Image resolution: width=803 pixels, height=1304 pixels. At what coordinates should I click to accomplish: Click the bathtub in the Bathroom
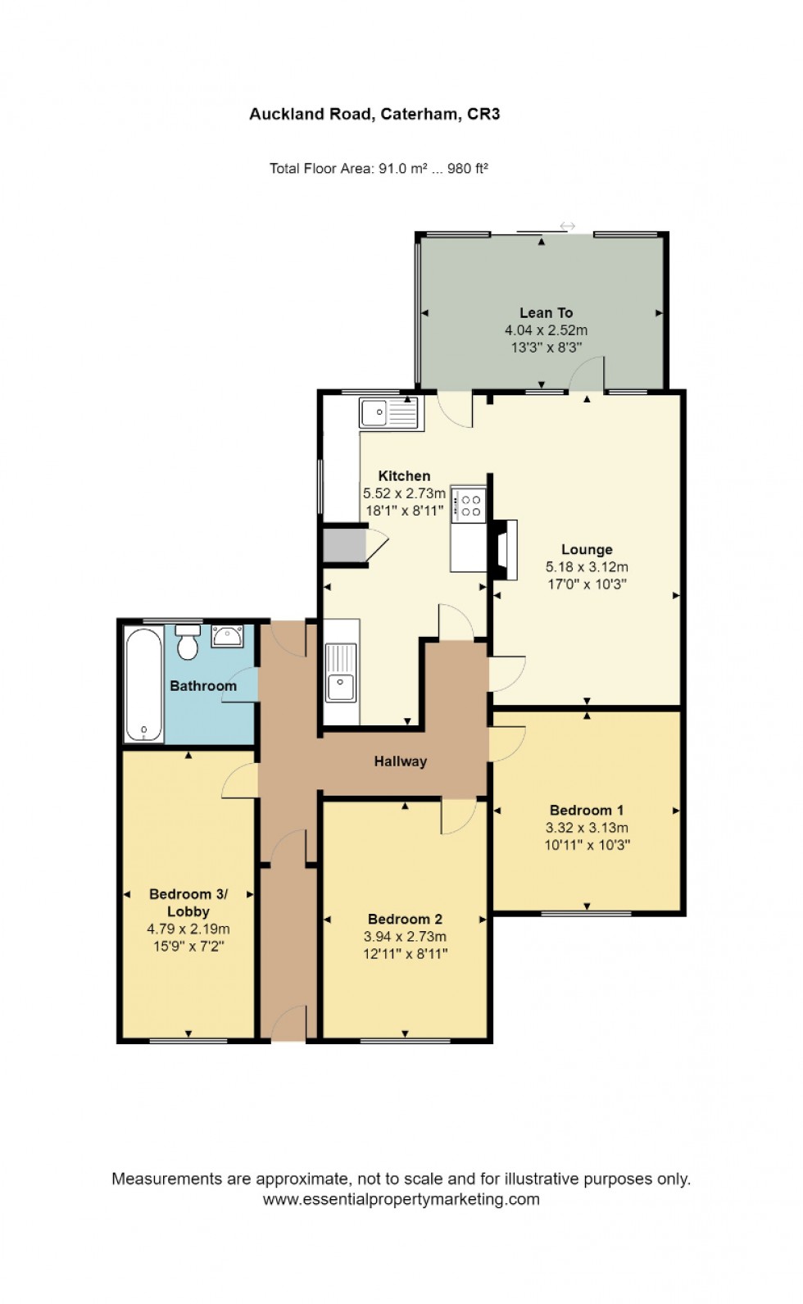143,684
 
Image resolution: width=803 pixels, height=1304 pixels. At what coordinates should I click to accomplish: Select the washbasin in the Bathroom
227,636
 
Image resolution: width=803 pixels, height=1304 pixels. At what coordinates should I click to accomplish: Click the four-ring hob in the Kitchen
470,504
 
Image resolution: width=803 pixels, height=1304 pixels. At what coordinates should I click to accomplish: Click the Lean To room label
546,312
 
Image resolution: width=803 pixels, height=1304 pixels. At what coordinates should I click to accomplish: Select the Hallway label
401,761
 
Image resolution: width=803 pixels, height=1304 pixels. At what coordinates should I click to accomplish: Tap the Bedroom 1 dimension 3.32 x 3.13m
587,828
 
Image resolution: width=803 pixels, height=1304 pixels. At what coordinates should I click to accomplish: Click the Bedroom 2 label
405,919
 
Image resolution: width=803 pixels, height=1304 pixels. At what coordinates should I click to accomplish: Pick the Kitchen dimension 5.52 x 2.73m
404,493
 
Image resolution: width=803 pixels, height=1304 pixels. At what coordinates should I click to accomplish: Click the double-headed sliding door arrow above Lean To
567,226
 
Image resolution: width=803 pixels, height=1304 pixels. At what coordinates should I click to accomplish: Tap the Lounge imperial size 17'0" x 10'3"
587,584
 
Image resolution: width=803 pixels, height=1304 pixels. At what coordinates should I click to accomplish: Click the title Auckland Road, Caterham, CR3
374,114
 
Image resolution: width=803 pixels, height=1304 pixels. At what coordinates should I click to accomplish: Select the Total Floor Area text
379,169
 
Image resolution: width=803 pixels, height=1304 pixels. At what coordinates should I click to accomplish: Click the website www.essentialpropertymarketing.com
401,1199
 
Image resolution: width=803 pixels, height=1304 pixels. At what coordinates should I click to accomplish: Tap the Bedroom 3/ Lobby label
188,902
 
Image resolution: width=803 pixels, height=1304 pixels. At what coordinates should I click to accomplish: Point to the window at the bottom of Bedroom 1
586,912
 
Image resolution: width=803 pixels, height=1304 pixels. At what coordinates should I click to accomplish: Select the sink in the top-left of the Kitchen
390,413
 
